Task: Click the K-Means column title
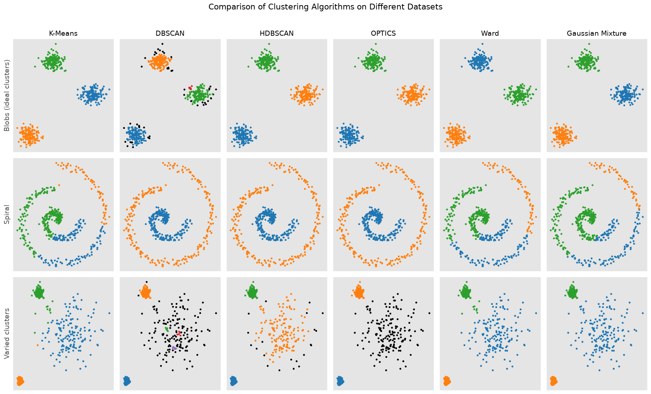tap(63, 34)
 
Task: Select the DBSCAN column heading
tap(170, 34)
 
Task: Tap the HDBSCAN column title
tap(277, 34)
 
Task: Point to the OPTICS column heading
tap(383, 34)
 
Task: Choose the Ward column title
tap(490, 34)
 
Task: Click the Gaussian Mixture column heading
tap(597, 34)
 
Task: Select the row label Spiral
tap(7, 215)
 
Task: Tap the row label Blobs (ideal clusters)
tap(7, 95)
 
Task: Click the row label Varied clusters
tap(7, 334)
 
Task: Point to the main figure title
tap(325, 7)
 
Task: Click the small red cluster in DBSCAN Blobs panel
tap(190, 88)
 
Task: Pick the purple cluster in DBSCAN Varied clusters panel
tap(174, 348)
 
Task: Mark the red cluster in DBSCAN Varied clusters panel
tap(179, 334)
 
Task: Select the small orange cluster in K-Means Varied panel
tap(20, 381)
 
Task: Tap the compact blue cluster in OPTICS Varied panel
tap(340, 381)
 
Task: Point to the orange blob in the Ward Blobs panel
tap(455, 135)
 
